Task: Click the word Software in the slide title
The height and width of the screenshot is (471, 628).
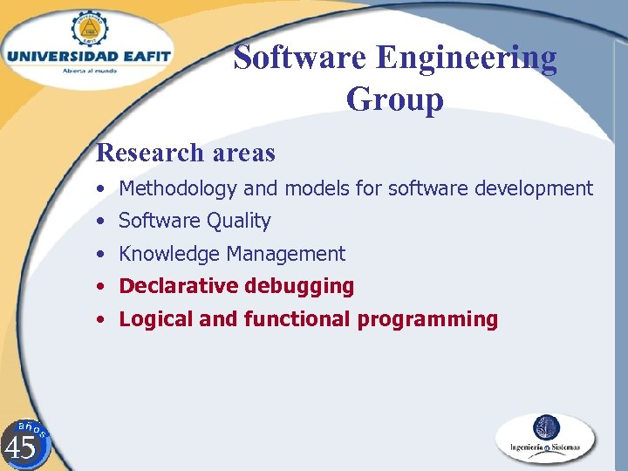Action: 301,58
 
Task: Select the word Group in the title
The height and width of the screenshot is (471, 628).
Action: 394,99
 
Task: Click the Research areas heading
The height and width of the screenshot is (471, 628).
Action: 186,153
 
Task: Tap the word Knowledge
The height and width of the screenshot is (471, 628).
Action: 169,254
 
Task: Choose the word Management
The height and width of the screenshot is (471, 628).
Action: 286,254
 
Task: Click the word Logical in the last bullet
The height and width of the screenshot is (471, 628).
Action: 156,319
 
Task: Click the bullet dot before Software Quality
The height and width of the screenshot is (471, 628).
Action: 102,222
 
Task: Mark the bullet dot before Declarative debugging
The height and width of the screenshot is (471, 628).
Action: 102,286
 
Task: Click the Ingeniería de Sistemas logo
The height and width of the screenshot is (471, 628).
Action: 546,438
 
